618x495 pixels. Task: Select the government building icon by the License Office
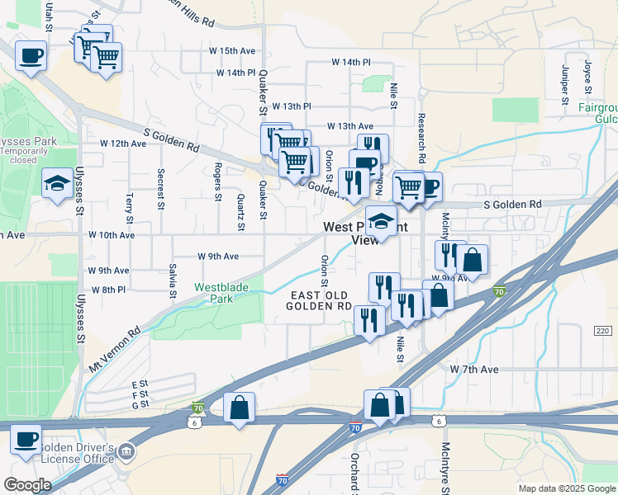coord(126,450)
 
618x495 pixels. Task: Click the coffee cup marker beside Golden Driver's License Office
coord(26,437)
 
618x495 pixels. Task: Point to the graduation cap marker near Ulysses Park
coord(57,183)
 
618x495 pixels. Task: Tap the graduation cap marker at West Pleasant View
coord(381,221)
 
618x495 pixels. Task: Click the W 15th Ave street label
coord(232,50)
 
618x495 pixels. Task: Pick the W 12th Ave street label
coord(123,144)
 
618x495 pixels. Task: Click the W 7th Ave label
coord(474,370)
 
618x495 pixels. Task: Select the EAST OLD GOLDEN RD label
coord(319,300)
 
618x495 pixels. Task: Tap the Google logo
coord(27,485)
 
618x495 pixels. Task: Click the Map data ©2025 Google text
coord(566,488)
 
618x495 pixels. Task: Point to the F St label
coord(139,394)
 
